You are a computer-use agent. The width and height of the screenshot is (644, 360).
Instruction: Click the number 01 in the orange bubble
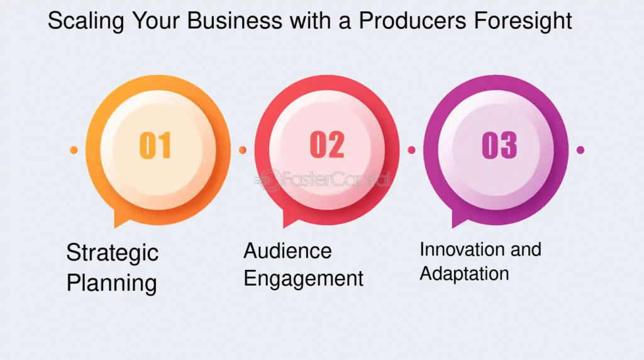click(155, 145)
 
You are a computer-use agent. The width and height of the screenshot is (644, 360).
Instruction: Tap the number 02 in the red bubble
click(327, 145)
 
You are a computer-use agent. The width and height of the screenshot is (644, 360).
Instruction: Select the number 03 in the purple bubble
click(499, 145)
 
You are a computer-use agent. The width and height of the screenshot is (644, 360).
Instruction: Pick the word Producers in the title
click(413, 21)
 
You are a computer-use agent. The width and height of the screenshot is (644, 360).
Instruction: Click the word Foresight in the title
click(523, 21)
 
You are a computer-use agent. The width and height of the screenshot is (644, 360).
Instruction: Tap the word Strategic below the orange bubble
click(112, 253)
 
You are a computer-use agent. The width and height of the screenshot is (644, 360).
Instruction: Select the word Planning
click(111, 283)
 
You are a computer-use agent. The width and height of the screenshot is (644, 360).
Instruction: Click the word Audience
click(287, 250)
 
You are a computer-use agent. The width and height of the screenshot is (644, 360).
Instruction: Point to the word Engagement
click(303, 279)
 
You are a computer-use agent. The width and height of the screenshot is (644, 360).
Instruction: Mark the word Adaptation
click(464, 274)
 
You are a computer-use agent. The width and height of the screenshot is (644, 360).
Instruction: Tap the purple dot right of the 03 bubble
click(580, 150)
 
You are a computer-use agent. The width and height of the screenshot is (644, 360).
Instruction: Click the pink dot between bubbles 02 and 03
click(411, 150)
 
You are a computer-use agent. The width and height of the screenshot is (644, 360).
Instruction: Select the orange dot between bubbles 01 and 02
click(243, 150)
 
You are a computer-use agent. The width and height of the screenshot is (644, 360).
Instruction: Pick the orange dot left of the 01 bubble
click(74, 150)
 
